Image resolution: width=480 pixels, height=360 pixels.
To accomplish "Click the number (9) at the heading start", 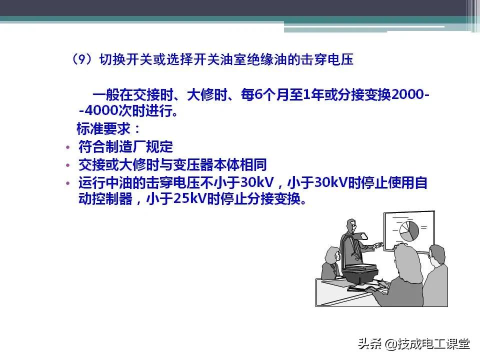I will tap(81, 60).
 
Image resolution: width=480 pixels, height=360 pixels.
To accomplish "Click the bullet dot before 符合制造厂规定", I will tap(68, 147).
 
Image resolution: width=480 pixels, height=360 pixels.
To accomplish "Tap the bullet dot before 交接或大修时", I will tap(68, 165).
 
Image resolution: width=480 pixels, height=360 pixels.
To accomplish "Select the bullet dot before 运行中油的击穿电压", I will tap(68, 183).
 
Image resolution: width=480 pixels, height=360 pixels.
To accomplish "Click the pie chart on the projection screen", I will tap(409, 230).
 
